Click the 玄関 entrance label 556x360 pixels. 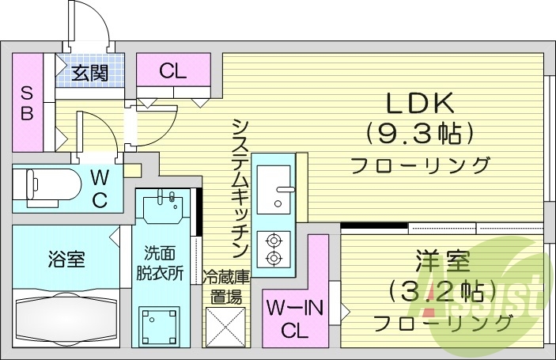[91, 74]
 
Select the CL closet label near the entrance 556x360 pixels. [172, 71]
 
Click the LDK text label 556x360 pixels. [418, 104]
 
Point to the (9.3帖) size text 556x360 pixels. [418, 133]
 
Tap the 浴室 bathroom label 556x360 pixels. [66, 259]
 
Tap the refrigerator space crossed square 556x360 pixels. [225, 324]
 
